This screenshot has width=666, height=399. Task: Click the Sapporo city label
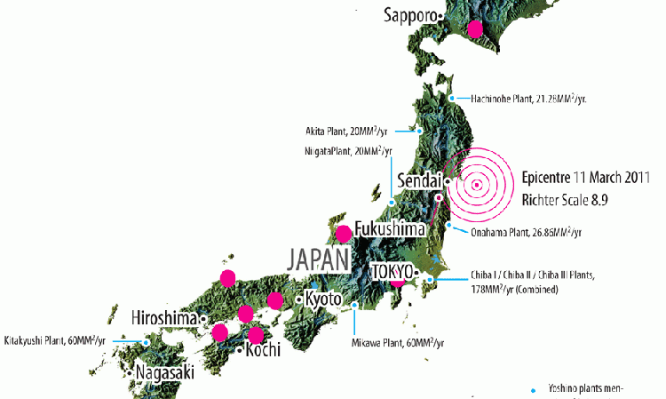(x=412, y=15)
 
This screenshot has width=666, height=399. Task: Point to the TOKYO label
(x=392, y=270)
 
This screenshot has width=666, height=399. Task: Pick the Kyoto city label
(x=322, y=299)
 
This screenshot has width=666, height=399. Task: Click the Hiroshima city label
(x=164, y=317)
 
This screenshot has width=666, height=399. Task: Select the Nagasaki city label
(x=164, y=372)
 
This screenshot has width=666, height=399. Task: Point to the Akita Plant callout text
(x=349, y=130)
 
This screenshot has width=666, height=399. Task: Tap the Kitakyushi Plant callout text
(x=55, y=340)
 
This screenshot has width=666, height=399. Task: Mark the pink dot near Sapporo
(x=475, y=28)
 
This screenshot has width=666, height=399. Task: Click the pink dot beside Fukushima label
(x=344, y=233)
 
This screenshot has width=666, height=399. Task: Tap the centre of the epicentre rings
(x=477, y=185)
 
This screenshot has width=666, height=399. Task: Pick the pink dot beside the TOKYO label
(x=397, y=280)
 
